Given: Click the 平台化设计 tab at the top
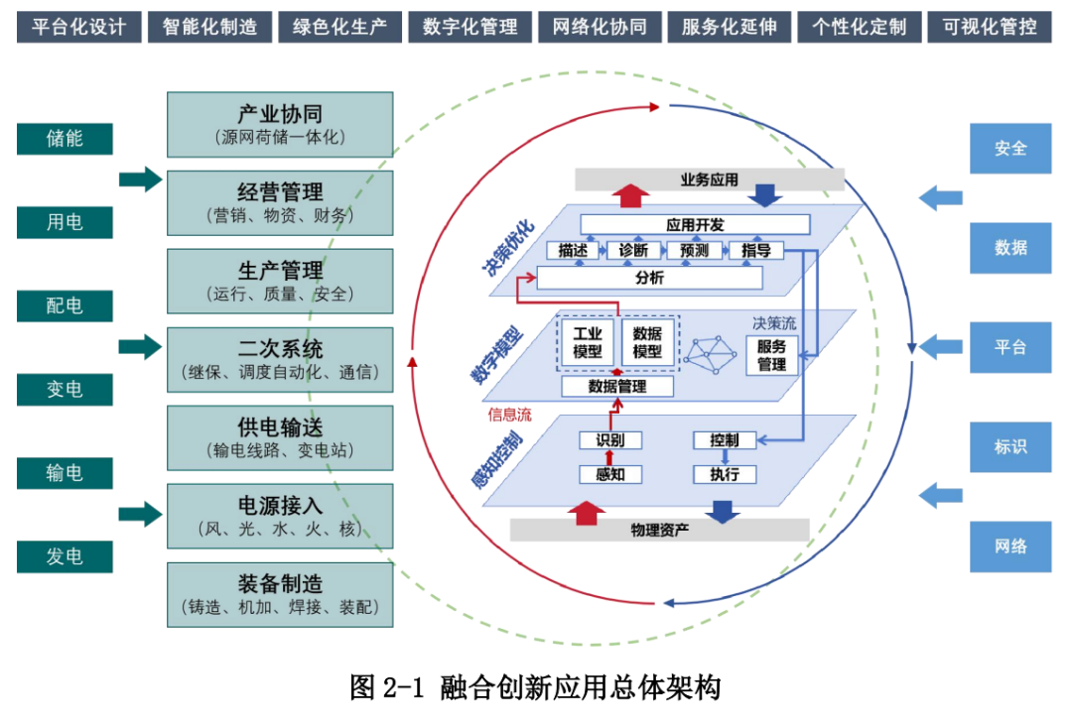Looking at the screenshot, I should point(78,27).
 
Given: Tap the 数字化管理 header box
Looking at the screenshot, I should point(469,27).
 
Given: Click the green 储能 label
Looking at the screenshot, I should point(65,139).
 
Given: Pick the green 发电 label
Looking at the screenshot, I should point(65,556).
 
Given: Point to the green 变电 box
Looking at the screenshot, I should point(65,390).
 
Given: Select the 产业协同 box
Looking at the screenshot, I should point(280,125).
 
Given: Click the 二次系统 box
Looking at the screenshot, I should point(280,360).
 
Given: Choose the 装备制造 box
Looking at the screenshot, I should point(280,594).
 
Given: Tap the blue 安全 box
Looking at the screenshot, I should point(1010,149).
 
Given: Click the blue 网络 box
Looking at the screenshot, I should point(1010,546).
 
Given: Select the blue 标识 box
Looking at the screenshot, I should point(1010,447).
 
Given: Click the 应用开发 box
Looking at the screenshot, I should point(694,225).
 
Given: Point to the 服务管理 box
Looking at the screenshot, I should point(771,355).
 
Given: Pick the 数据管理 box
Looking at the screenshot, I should point(617,387).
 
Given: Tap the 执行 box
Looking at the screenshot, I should point(724,474).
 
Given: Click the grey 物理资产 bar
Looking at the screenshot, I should point(660,530).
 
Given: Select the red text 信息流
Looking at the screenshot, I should point(509,415).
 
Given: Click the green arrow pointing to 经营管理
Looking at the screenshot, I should point(140,180).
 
